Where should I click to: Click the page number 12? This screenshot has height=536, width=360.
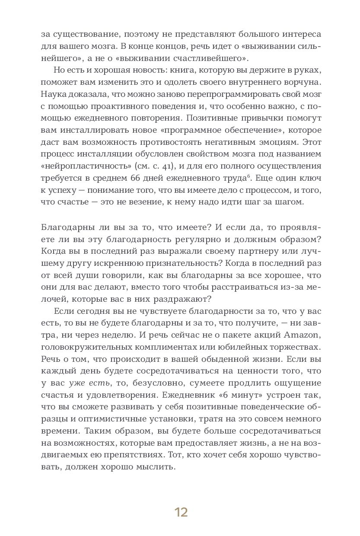click(x=181, y=512)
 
